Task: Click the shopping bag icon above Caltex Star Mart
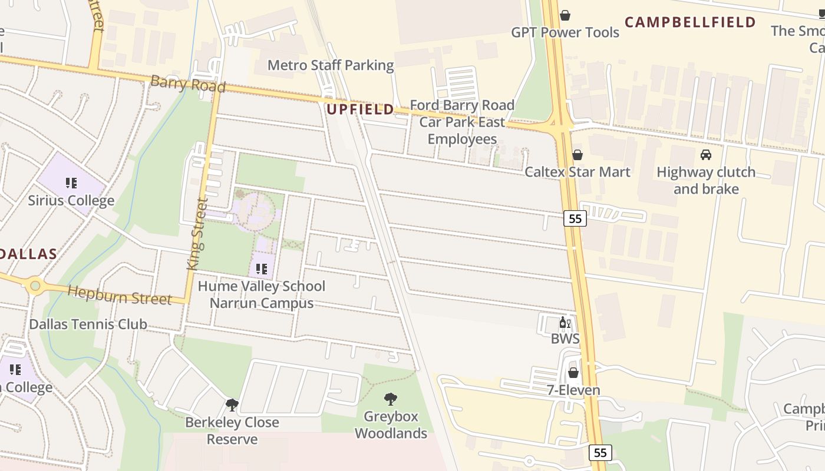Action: tap(577, 155)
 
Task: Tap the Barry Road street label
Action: tap(188, 84)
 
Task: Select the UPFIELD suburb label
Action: tap(360, 109)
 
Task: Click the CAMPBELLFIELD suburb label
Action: tap(690, 22)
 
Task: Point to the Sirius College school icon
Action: tap(71, 183)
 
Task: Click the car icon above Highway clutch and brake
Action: tap(705, 155)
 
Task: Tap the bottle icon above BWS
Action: tap(565, 322)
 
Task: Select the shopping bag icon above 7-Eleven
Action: tap(573, 373)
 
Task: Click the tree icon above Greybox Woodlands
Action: tap(390, 399)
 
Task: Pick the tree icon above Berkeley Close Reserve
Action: tap(232, 405)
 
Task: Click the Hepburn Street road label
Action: tap(120, 295)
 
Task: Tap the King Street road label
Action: tap(197, 234)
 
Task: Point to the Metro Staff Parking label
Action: tap(331, 65)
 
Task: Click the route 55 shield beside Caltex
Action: tap(575, 218)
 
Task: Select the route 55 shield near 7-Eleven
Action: tap(600, 452)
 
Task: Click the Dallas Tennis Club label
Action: tap(88, 324)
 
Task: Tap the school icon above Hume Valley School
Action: tap(262, 269)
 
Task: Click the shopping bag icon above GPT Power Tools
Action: tap(565, 15)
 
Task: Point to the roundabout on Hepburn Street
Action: tap(35, 286)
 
